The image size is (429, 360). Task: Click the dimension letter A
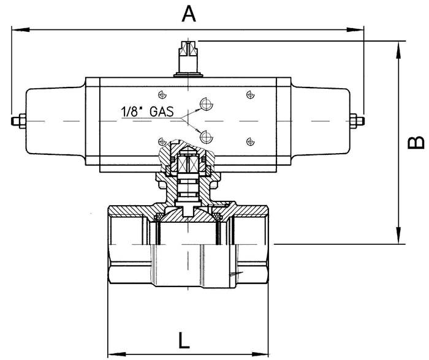click(x=189, y=14)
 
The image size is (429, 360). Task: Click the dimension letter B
click(x=416, y=143)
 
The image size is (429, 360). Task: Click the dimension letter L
click(x=184, y=340)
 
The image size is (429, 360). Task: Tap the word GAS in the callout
click(x=162, y=111)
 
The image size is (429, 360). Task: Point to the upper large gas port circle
click(x=207, y=104)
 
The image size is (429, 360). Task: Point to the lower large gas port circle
click(x=207, y=137)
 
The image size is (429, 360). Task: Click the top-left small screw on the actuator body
click(x=162, y=94)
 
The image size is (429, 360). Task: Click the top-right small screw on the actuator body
click(x=250, y=94)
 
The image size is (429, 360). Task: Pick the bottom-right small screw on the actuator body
click(x=250, y=141)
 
